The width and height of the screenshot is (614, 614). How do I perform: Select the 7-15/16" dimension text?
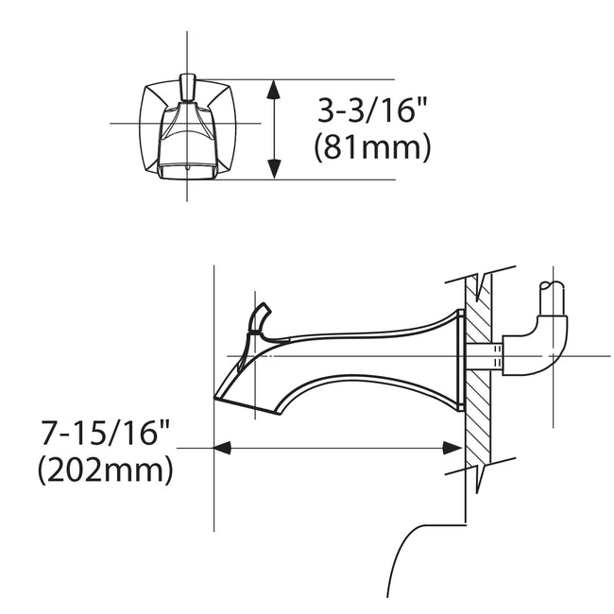pos(106,435)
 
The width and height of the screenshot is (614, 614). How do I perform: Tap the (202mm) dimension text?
pos(106,469)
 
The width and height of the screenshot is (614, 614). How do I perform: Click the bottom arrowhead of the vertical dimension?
pos(274,170)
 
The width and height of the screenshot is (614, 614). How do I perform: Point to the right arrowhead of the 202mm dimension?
pos(456,448)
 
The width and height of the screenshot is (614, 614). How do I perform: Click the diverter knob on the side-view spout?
pos(260,317)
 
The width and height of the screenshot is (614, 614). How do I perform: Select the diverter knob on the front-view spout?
pos(187,89)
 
